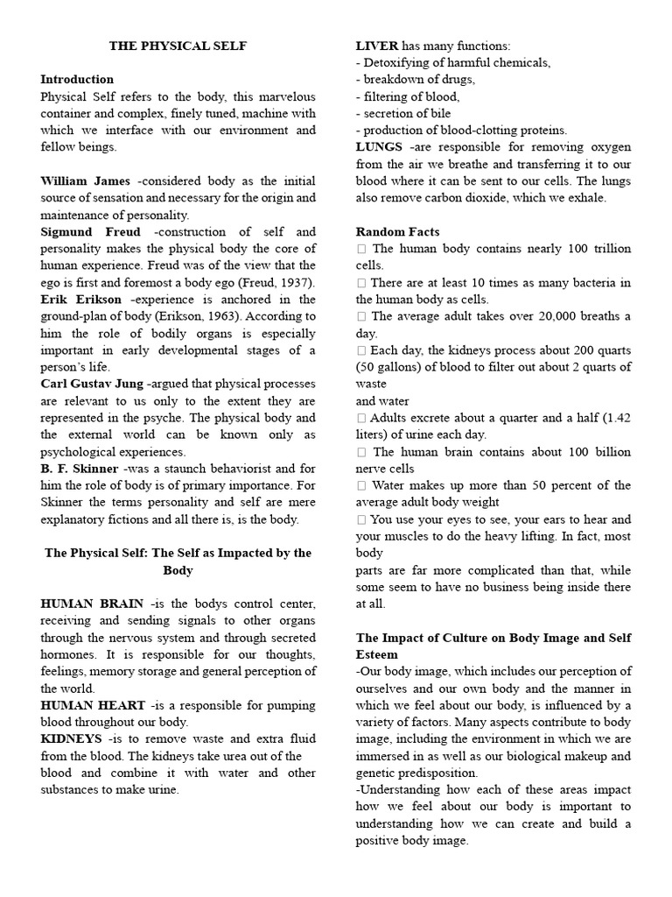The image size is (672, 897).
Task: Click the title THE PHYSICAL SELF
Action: tap(178, 46)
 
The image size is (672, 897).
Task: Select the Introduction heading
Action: tap(77, 79)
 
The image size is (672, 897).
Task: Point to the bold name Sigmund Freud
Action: tap(90, 232)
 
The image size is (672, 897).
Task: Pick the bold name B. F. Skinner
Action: tap(79, 469)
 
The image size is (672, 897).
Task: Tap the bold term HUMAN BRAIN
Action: tap(90, 604)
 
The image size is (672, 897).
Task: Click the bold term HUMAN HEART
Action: tap(92, 705)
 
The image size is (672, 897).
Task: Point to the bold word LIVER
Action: tap(377, 46)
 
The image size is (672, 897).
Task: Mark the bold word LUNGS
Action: tap(380, 147)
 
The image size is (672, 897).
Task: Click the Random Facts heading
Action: tap(397, 232)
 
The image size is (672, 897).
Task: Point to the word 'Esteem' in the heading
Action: tap(377, 654)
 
